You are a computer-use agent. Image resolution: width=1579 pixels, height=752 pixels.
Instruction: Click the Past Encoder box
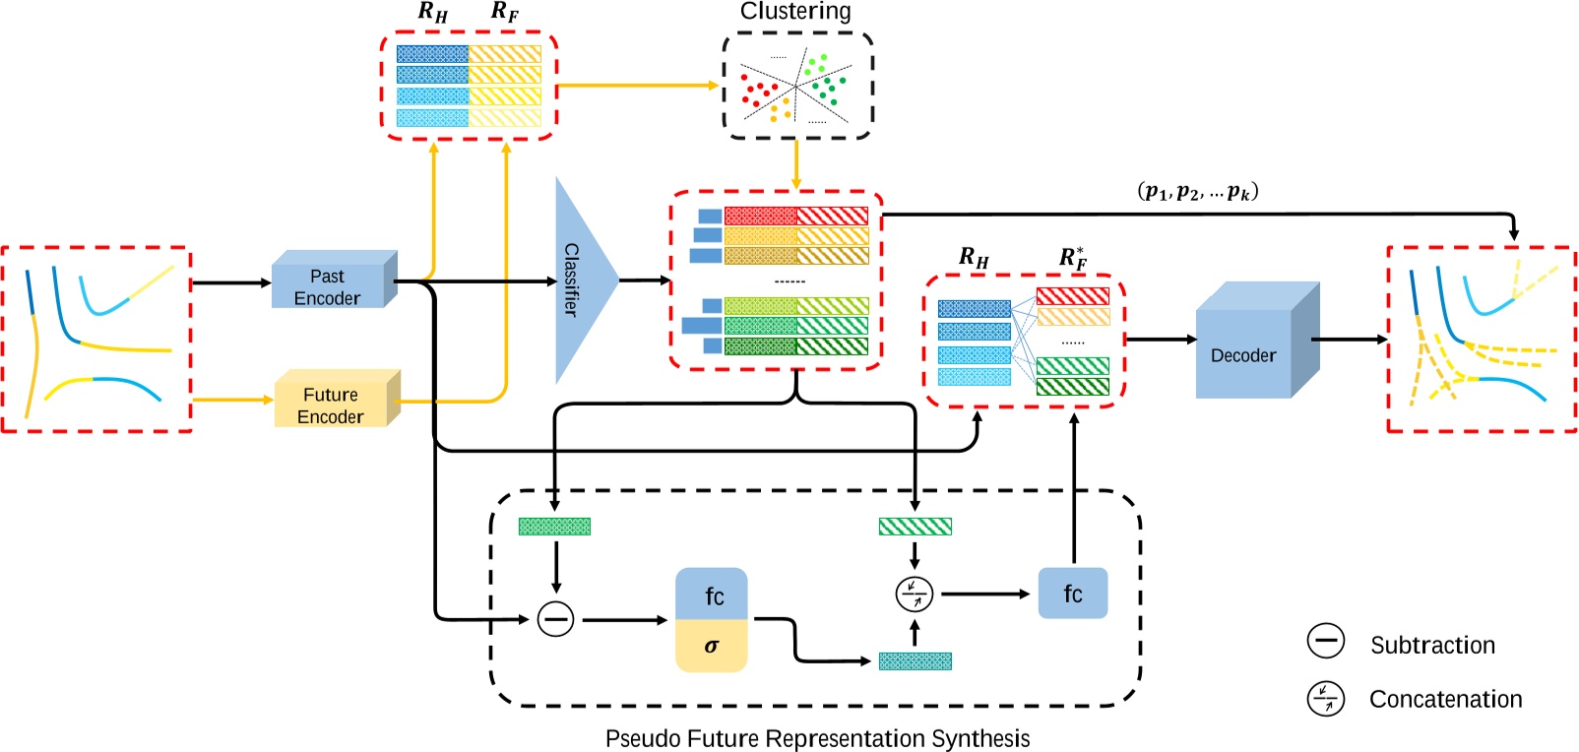point(329,284)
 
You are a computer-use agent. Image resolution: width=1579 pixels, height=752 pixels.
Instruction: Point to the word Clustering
point(795,12)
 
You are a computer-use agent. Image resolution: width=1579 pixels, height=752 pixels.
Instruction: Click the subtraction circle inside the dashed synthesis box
point(555,619)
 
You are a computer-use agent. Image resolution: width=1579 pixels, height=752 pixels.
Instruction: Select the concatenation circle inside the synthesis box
point(915,594)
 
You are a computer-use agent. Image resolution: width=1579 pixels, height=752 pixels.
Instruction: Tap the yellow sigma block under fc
point(711,646)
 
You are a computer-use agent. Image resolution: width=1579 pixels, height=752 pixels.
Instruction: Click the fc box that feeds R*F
point(1072,594)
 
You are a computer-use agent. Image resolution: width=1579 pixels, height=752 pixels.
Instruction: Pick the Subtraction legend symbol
point(1325,641)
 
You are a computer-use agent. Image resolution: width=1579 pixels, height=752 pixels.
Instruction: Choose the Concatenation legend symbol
point(1325,698)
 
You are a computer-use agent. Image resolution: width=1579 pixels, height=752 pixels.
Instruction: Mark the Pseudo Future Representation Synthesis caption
point(817,738)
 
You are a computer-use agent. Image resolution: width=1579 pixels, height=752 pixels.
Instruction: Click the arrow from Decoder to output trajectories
point(1349,340)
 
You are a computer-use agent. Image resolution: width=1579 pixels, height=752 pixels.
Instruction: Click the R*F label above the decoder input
point(1073,258)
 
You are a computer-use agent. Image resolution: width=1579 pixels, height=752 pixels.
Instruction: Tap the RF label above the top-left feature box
point(505,12)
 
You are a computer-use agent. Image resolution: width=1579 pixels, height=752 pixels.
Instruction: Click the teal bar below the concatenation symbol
point(915,661)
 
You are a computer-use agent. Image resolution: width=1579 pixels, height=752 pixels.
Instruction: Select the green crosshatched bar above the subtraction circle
point(554,527)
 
